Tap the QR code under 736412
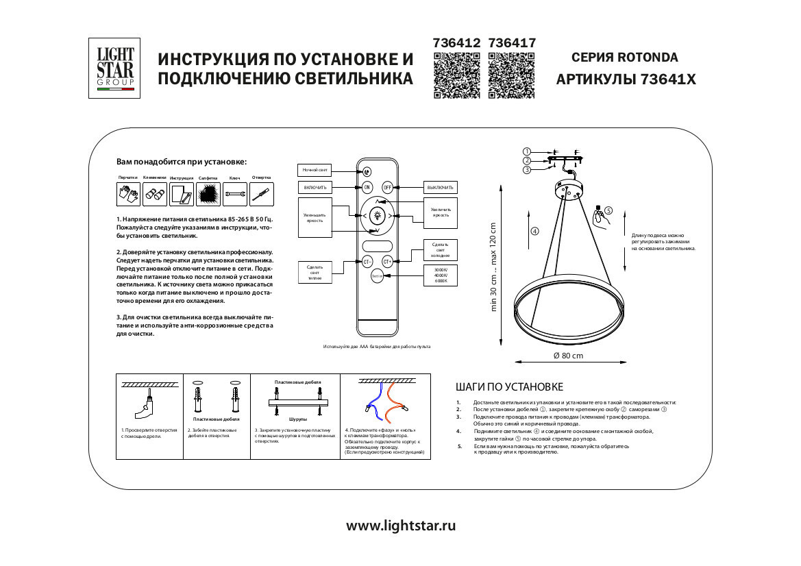click(x=456, y=76)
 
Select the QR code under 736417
click(x=510, y=76)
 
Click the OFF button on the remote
click(x=387, y=187)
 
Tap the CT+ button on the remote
click(x=387, y=261)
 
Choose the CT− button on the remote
click(x=367, y=261)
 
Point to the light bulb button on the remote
click(x=376, y=216)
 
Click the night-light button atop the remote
click(x=367, y=172)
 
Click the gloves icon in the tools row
click(x=128, y=195)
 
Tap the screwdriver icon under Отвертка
click(x=261, y=195)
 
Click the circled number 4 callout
click(x=535, y=231)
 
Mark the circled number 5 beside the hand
click(x=608, y=211)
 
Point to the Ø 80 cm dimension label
click(x=568, y=356)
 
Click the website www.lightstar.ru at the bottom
click(x=401, y=526)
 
